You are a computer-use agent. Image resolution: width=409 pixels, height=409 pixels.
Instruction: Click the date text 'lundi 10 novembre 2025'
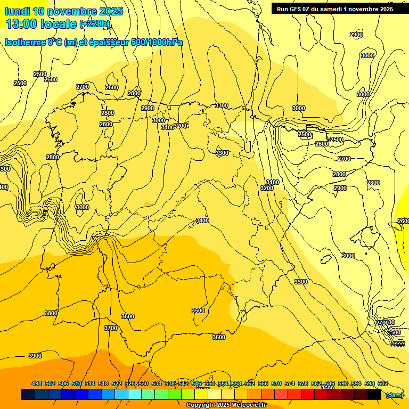pyautogui.click(x=64, y=11)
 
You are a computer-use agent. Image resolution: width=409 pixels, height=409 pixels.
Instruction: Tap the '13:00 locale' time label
pyautogui.click(x=40, y=23)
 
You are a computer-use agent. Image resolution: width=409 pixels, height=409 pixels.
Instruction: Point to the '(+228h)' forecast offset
pyautogui.click(x=95, y=24)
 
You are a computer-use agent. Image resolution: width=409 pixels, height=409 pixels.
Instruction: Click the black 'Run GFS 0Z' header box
pyautogui.click(x=332, y=9)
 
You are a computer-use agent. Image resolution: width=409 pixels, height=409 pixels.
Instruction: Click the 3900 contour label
pyautogui.click(x=35, y=356)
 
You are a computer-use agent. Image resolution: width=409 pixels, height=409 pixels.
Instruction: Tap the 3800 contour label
pyautogui.click(x=51, y=313)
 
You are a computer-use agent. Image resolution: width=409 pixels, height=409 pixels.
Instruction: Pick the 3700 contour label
pyautogui.click(x=111, y=328)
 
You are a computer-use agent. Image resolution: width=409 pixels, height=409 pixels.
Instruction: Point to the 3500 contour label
pyautogui.click(x=198, y=310)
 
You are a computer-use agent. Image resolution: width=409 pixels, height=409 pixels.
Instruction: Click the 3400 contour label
pyautogui.click(x=202, y=220)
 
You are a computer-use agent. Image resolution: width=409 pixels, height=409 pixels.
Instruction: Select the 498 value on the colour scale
pyautogui.click(x=37, y=383)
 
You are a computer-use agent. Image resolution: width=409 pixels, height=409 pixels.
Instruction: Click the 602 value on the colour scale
pyautogui.click(x=382, y=383)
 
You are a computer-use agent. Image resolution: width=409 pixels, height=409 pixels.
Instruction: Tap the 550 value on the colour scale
pyautogui.click(x=210, y=383)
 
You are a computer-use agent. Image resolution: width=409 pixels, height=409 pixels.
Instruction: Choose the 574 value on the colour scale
pyautogui.click(x=290, y=383)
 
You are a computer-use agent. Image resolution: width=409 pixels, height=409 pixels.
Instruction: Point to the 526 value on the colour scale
pyautogui.click(x=130, y=383)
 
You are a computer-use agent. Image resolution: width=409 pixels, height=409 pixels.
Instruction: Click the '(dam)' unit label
pyautogui.click(x=394, y=395)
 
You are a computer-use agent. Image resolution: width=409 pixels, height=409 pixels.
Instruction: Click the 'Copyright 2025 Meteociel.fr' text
pyautogui.click(x=226, y=405)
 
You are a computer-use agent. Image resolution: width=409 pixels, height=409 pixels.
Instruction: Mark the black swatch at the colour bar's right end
pyautogui.click(x=374, y=394)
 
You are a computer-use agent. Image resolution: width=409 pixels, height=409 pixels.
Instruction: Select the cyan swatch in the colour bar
pyautogui.click(x=135, y=394)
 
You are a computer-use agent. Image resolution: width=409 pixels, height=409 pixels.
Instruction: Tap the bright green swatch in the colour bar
pyautogui.click(x=175, y=394)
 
